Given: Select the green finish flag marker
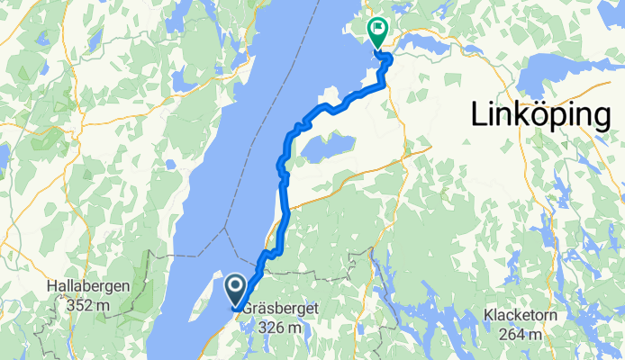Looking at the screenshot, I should pyautogui.click(x=376, y=32).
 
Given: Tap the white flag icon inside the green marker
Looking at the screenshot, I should pyautogui.click(x=376, y=29).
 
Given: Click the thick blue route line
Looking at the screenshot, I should pyautogui.click(x=286, y=216).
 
